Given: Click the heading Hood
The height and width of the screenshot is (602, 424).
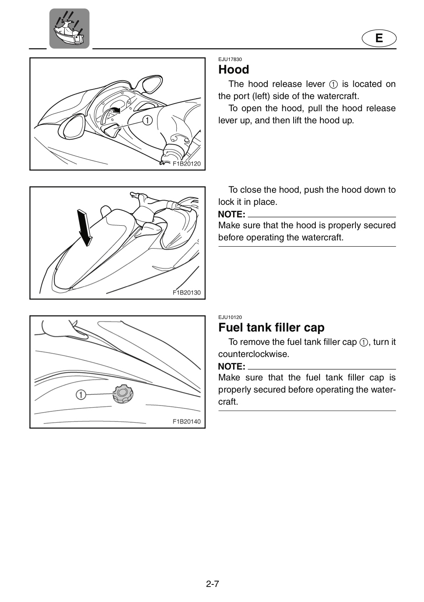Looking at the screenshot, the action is click(x=234, y=69).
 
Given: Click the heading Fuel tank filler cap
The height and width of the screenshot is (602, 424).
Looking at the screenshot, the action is click(x=271, y=327).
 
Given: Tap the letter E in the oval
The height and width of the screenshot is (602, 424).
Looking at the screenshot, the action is click(x=379, y=38).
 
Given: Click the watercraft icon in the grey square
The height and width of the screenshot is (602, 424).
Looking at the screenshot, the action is click(x=69, y=28).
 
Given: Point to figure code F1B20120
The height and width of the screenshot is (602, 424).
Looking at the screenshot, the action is click(x=187, y=164).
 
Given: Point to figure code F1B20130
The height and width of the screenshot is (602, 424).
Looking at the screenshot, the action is click(x=187, y=292).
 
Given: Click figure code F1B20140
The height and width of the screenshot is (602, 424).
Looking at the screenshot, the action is click(x=187, y=421).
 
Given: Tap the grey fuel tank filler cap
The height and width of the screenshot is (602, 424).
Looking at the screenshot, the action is click(x=123, y=394).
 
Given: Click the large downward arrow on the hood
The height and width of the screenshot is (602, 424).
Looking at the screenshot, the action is click(x=84, y=228).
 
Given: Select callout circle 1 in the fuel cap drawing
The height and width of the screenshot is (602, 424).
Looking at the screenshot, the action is click(x=81, y=395).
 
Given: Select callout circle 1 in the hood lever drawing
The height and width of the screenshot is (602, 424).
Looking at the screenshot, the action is click(x=147, y=120).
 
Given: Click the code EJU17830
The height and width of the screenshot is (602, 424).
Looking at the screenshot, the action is click(x=230, y=59).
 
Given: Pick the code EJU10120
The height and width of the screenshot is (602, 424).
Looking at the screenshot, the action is click(x=230, y=317).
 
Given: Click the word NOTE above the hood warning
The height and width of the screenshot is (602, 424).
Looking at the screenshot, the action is click(x=231, y=214).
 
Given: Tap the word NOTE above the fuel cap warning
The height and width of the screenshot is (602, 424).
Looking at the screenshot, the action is click(x=231, y=367).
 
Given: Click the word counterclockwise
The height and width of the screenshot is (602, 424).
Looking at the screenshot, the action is click(x=254, y=354).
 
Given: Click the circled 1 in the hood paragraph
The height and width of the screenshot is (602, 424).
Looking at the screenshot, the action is click(x=333, y=84).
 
